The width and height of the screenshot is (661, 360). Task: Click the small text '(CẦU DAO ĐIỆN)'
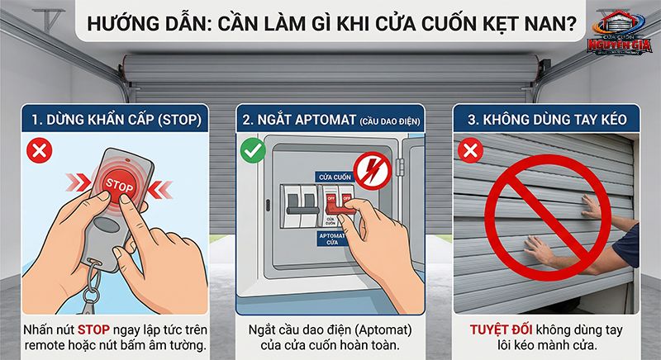[388, 121]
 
